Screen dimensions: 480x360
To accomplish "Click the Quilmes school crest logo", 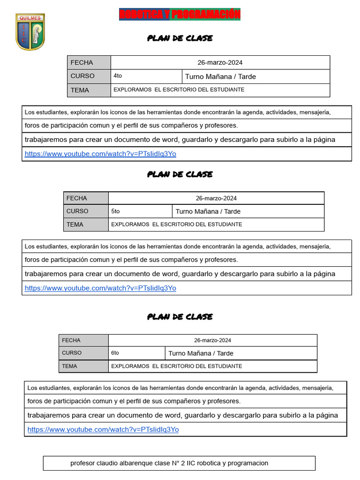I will [30, 32].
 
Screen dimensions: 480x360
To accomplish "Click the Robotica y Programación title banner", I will [180, 15].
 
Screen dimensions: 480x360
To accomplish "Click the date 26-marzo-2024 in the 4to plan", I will [220, 62].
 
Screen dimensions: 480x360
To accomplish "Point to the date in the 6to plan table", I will [212, 340].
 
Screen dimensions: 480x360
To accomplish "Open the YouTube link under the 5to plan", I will [100, 288].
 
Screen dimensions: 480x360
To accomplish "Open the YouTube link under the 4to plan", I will [100, 154].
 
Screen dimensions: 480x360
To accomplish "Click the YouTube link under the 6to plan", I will [103, 429].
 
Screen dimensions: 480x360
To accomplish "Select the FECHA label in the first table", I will [82, 62].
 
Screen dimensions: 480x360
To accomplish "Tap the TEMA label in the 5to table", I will [75, 225].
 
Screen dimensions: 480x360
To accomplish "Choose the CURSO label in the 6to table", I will [72, 353].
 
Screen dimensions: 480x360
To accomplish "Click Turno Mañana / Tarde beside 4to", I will [220, 76].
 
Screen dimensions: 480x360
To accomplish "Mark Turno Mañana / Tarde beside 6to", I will [201, 353].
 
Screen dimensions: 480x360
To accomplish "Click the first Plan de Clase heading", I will [180, 38].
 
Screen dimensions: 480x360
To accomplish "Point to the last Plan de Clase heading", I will [180, 317].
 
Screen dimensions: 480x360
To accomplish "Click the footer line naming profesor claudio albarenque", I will [169, 463].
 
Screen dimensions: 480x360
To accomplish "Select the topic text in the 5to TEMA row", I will [177, 225].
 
